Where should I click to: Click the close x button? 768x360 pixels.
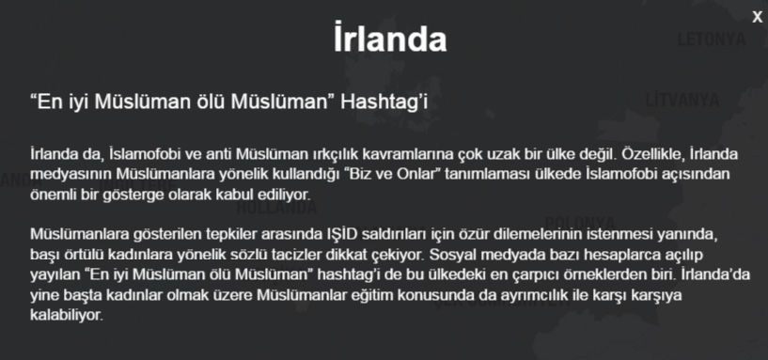(x=757, y=15)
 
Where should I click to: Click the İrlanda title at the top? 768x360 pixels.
(x=389, y=40)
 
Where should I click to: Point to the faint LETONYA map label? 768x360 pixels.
(x=711, y=39)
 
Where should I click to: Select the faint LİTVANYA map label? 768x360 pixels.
(x=682, y=99)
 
